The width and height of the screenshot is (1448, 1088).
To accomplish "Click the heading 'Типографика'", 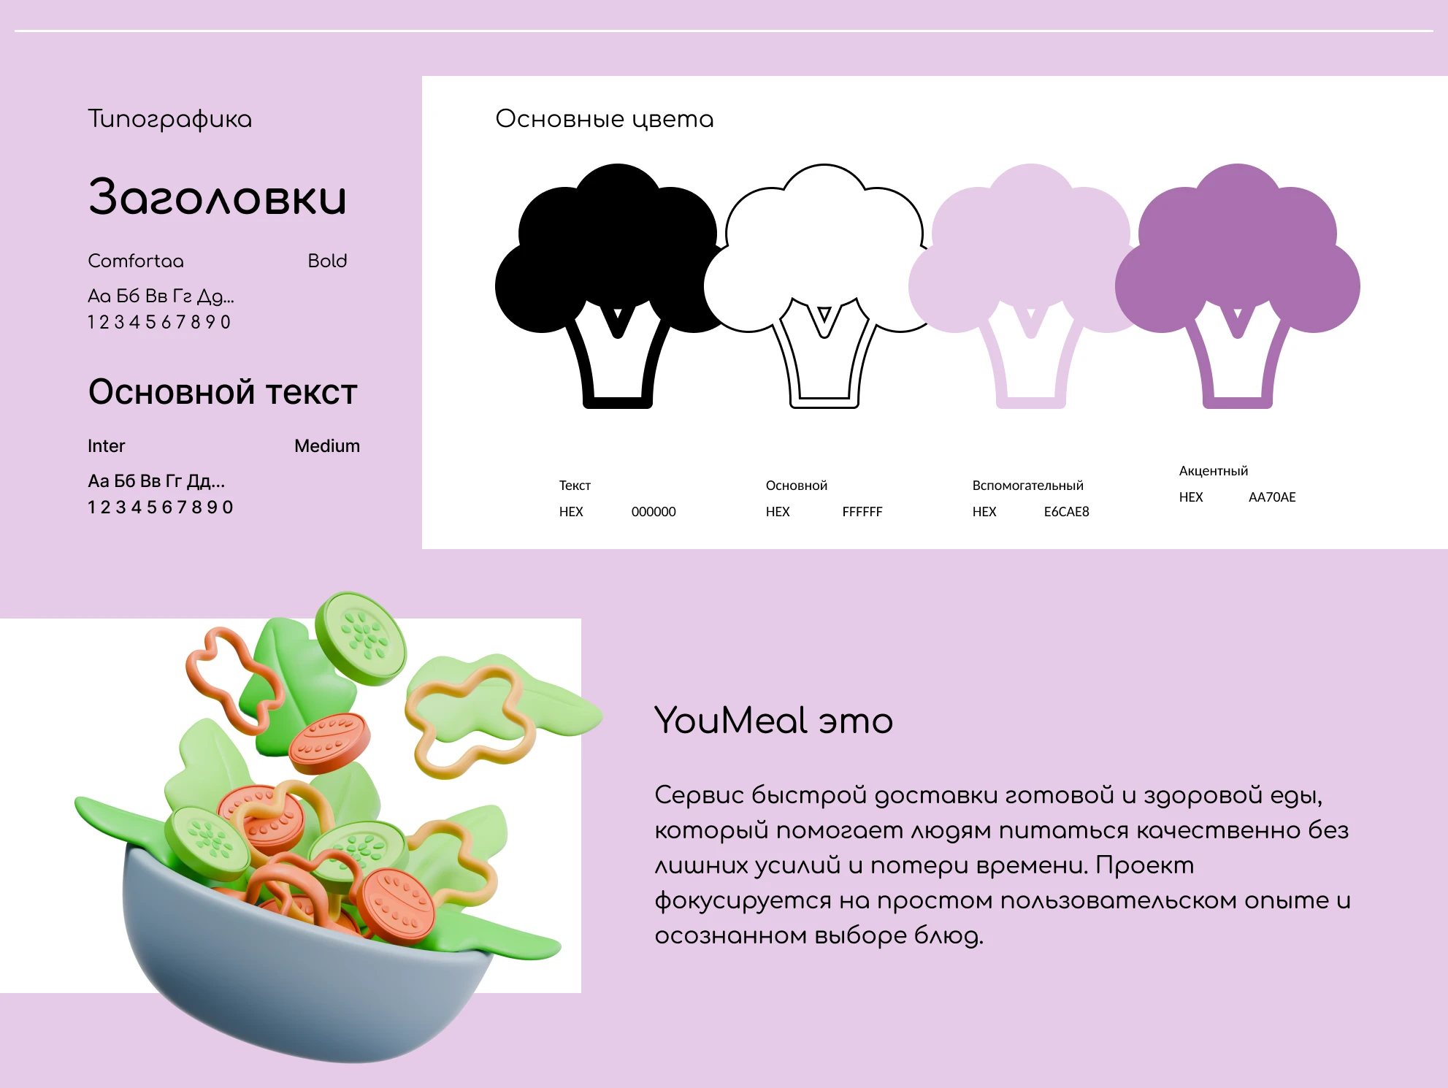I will [169, 119].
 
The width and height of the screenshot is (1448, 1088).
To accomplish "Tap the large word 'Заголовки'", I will [217, 198].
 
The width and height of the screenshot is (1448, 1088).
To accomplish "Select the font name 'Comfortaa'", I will [136, 261].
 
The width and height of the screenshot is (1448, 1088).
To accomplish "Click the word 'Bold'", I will [327, 261].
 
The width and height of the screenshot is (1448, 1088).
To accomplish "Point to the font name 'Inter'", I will [106, 445].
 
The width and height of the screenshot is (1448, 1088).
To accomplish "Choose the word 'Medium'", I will [326, 445].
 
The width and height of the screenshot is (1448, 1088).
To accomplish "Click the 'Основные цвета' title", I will [604, 119].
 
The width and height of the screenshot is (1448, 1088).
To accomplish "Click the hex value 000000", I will [653, 512].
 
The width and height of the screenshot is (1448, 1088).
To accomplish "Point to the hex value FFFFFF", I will [862, 512].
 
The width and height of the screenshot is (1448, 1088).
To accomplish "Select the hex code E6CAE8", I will [1066, 512].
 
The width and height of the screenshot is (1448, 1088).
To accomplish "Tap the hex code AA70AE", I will [1271, 497].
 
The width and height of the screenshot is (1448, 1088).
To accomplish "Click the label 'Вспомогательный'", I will [1027, 486].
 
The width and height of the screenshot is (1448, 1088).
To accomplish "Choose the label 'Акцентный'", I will [1213, 471].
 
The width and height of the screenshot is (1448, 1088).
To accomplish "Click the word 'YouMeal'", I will [730, 721].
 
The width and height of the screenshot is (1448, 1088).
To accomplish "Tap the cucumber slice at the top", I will [361, 637].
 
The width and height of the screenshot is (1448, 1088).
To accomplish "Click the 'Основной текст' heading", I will [223, 392].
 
